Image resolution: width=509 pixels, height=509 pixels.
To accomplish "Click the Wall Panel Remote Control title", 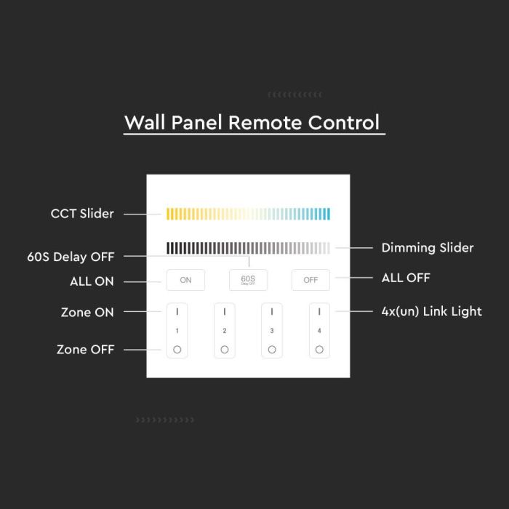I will pos(252,122).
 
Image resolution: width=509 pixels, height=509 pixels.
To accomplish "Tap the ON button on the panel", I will pos(185,280).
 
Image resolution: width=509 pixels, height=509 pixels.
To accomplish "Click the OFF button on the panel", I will pos(310,280).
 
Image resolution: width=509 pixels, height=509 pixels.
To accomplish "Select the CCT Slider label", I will pos(82,214).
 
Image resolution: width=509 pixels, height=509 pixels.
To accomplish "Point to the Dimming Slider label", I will pos(428,248).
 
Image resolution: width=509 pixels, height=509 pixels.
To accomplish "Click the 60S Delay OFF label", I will pos(71,257).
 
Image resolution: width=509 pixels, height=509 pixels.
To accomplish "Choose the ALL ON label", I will pos(92,281).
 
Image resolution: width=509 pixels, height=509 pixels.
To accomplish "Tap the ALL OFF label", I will pos(406,278).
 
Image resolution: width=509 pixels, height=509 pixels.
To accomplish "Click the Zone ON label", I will pos(87,313).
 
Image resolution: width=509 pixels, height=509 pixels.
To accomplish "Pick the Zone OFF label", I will pos(85,350).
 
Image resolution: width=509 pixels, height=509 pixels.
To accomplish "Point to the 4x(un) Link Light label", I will pos(432,312).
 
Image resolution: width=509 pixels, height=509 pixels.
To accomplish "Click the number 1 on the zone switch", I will pos(177,331).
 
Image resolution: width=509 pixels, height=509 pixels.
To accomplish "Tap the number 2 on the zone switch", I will pos(225,331).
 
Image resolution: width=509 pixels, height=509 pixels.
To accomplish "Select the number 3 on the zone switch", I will pos(272,331).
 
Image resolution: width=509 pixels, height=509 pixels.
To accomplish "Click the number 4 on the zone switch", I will pos(319,331).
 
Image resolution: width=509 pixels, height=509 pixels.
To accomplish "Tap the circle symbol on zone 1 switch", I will pos(177,350).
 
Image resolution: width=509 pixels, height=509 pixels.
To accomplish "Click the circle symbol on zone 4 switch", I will pos(319,350).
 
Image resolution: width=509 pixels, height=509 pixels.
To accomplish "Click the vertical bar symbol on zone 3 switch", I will pos(272,311).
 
